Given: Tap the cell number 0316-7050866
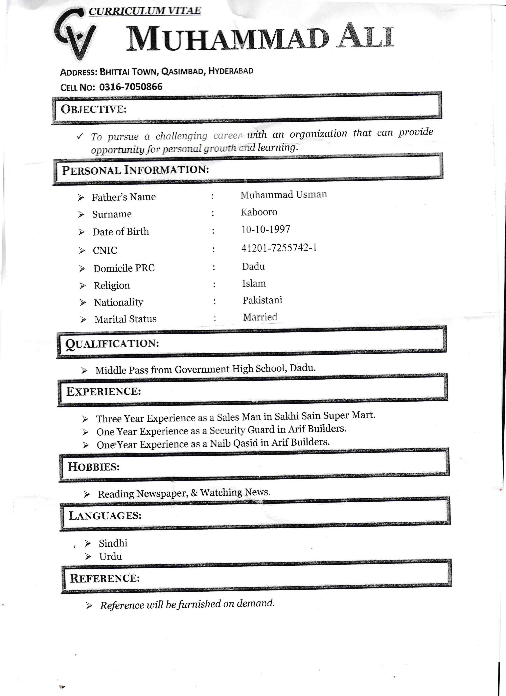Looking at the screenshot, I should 131,87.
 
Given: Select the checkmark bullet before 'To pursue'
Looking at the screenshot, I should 80,136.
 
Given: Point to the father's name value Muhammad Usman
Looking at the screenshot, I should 284,195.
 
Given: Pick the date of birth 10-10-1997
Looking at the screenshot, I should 265,229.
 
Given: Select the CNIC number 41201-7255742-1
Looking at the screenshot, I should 279,248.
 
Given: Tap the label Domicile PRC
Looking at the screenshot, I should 124,268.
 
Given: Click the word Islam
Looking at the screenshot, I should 254,283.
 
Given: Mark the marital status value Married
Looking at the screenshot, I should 260,317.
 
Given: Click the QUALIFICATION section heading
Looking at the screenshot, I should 112,344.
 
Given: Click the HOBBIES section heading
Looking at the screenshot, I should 94,467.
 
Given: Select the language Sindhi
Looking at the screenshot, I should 113,543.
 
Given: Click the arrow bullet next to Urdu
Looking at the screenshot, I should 88,557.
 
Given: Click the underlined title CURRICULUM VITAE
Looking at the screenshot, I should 145,11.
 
